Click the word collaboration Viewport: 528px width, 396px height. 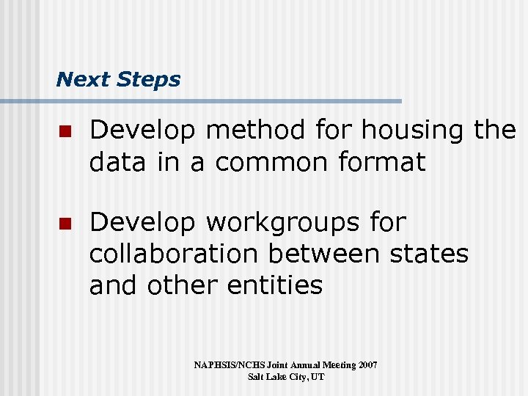tap(173, 254)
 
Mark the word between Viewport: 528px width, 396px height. tap(323, 254)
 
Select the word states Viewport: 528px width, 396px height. tap(430, 254)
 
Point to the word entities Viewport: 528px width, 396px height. tap(275, 285)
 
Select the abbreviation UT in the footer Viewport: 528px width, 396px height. tap(318, 377)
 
